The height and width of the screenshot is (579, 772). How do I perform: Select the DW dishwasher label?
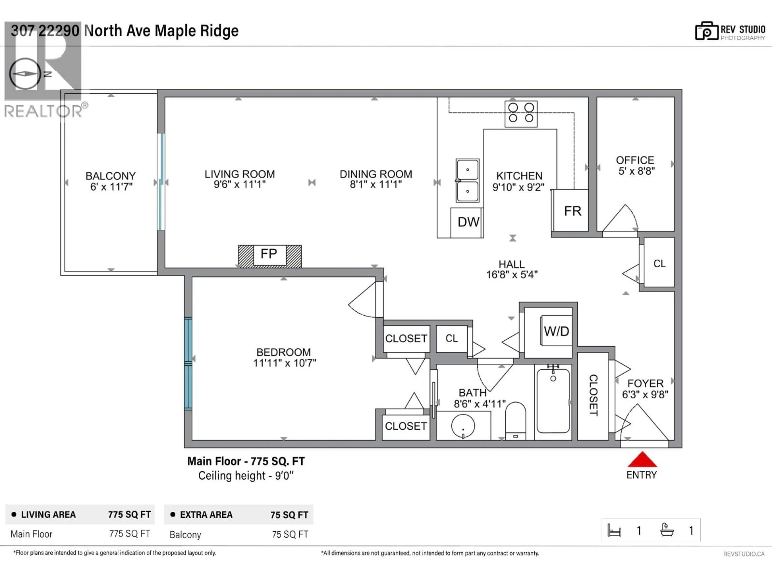point(468,222)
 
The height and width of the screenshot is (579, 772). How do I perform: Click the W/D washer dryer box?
point(556,331)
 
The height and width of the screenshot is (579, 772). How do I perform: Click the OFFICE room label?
point(635,160)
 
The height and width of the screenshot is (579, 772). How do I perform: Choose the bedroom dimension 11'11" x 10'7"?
point(284,363)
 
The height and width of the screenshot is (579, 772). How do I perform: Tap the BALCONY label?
point(111,176)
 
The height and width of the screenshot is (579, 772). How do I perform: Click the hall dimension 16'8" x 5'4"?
point(512,275)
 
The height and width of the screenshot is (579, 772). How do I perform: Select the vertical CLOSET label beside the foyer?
point(593,395)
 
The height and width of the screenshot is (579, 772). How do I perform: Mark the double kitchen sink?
point(467,181)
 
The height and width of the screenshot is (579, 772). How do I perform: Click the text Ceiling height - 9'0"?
point(246,476)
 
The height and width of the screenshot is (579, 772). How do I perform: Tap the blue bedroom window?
point(188,363)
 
